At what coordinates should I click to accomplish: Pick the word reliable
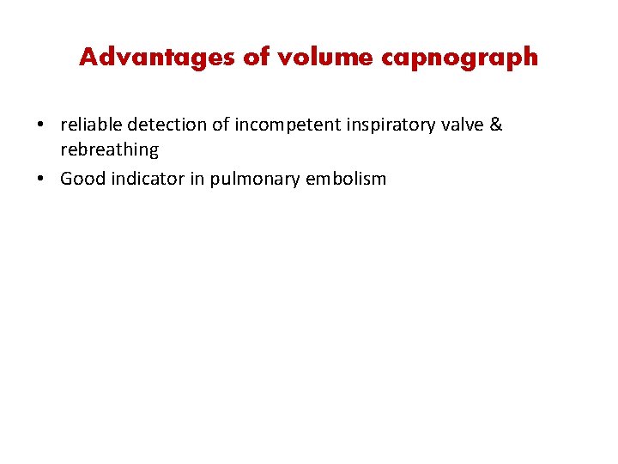91,125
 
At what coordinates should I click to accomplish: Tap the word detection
167,125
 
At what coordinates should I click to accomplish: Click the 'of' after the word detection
221,125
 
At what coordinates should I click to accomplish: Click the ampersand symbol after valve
496,125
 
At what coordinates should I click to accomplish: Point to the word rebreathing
109,150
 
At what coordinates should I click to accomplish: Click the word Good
81,180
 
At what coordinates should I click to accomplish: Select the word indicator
147,180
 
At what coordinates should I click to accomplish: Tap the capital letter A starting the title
87,58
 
